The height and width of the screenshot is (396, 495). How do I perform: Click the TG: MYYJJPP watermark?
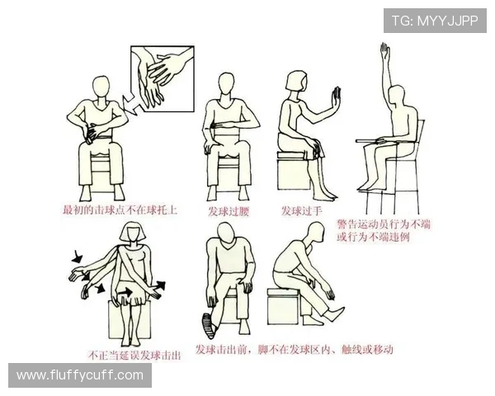[x=435, y=20]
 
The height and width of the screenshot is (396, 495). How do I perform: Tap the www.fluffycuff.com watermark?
[x=80, y=375]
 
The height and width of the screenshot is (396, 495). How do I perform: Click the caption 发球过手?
[x=302, y=210]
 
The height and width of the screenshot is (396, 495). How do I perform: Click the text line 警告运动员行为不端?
[x=386, y=224]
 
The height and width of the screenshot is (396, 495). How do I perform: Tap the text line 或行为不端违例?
[x=375, y=238]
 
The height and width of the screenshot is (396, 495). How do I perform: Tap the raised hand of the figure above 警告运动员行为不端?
[x=384, y=54]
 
